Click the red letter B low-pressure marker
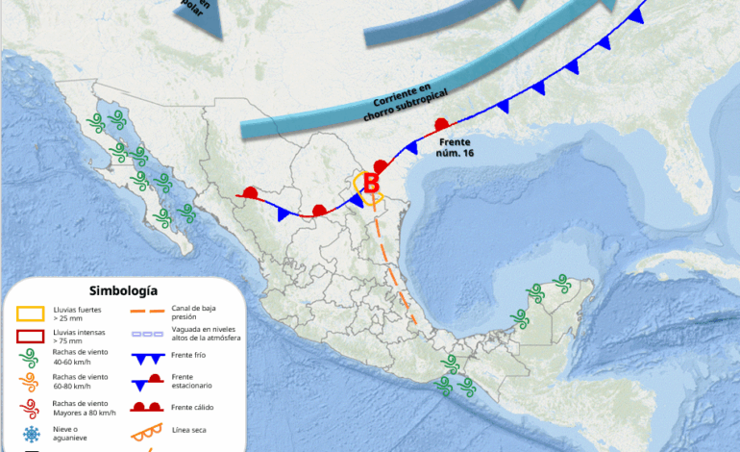[x=371, y=182]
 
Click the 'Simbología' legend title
[x=123, y=289]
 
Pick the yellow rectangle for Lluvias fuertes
[x=31, y=314]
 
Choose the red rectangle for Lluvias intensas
[x=31, y=337]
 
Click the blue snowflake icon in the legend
[x=31, y=434]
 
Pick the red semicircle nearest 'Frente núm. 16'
[x=442, y=124]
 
